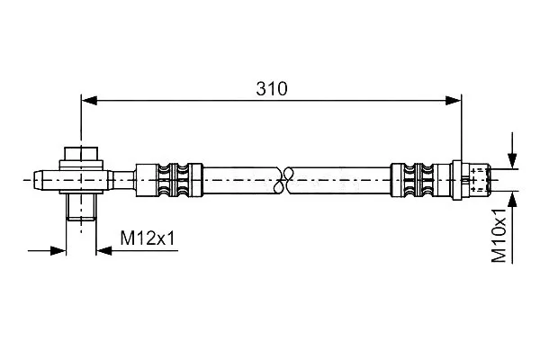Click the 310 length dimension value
pos(272,89)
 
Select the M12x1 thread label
pos(148,238)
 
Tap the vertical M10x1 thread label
pos(499,235)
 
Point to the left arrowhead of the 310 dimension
pos(89,101)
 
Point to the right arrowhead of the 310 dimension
pos(454,101)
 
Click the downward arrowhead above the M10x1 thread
pos(512,160)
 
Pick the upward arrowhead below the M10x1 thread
pos(512,199)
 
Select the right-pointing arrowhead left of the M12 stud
pos(58,250)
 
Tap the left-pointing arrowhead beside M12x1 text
pos(103,250)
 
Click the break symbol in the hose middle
pos(283,180)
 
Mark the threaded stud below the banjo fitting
pos(81,207)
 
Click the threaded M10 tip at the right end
pos(481,180)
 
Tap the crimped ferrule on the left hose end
pos(169,180)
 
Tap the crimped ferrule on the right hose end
pos(421,180)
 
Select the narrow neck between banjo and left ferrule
pos(124,180)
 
